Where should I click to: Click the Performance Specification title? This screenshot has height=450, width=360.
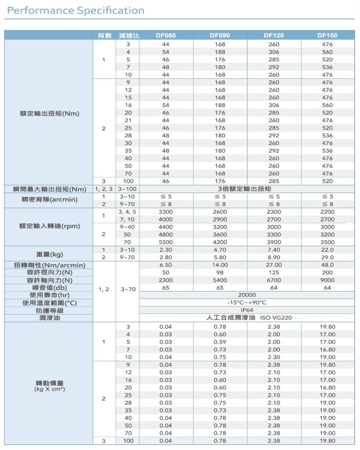click(76, 10)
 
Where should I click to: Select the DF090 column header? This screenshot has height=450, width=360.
click(220, 35)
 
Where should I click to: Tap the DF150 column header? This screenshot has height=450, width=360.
click(327, 35)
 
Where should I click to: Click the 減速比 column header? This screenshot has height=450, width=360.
click(129, 35)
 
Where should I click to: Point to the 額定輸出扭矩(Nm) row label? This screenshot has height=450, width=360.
click(49, 113)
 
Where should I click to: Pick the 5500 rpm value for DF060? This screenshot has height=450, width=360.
click(166, 242)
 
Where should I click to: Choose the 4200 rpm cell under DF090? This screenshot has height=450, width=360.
click(220, 242)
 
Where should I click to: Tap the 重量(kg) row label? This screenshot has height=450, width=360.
click(49, 254)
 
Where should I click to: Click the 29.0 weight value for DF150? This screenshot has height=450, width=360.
click(327, 257)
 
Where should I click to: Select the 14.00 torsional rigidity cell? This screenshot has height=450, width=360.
click(220, 265)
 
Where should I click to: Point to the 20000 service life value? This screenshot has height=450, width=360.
click(247, 295)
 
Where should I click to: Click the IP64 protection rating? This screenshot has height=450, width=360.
click(247, 310)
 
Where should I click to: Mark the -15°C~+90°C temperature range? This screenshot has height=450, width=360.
click(247, 303)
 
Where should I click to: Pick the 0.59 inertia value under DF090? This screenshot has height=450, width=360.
click(220, 342)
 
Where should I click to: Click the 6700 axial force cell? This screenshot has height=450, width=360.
click(274, 280)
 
